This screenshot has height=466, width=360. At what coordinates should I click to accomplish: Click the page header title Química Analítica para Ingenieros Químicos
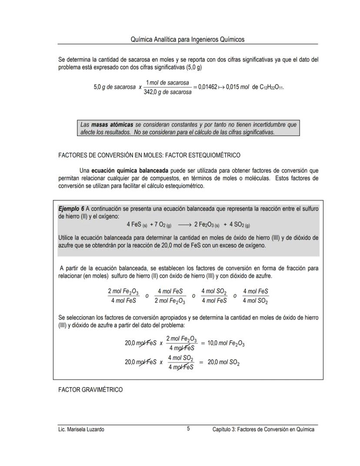[x=187, y=39]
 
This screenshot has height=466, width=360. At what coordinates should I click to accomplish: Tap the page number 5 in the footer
[x=188, y=429]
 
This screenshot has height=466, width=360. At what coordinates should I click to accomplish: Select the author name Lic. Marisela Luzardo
[x=81, y=429]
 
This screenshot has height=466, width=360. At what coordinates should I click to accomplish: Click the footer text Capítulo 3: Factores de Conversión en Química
[x=263, y=429]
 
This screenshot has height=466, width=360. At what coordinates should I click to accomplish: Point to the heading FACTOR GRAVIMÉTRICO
[x=90, y=390]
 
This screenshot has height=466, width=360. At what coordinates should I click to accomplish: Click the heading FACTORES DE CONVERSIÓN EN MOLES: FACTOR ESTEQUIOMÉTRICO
[x=149, y=155]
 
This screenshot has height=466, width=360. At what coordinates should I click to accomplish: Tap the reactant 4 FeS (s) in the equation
[x=137, y=225]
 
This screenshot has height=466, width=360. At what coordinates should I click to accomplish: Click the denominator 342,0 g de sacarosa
[x=167, y=92]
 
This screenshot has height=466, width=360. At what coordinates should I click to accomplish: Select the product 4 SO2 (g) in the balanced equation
[x=240, y=225]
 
